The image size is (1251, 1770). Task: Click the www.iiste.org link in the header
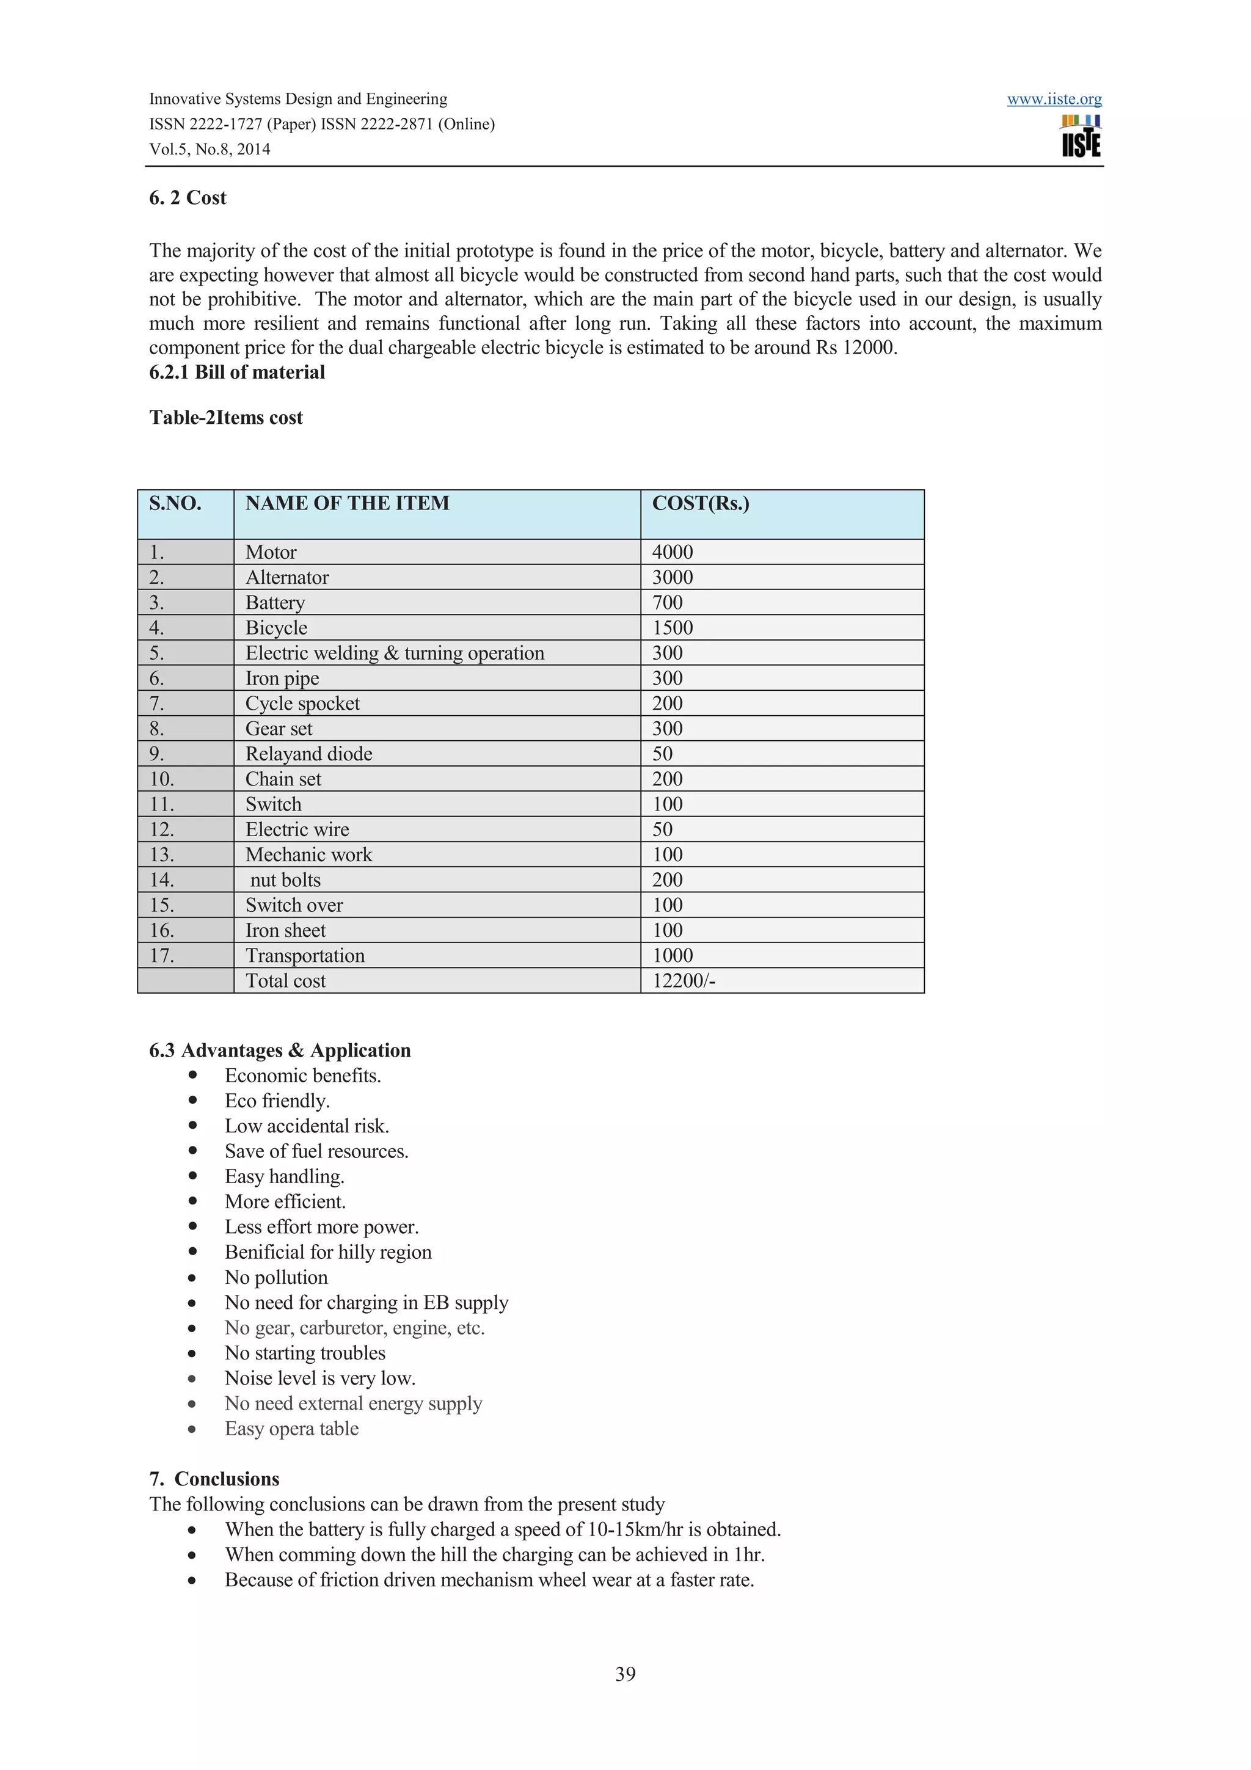[1054, 100]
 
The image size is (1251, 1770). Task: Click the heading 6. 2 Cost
[188, 198]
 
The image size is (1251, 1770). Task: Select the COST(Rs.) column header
[700, 503]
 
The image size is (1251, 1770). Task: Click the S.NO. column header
[175, 503]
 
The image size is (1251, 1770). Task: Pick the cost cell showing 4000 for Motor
[672, 552]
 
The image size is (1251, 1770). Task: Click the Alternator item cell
[286, 577]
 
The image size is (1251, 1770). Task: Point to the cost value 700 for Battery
[668, 603]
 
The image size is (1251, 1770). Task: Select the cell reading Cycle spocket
[302, 704]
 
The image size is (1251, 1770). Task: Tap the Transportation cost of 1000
[672, 956]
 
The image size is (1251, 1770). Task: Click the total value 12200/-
[683, 981]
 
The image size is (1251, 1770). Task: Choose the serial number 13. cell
[162, 855]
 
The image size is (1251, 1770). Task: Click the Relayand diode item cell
[308, 754]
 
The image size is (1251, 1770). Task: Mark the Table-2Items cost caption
[226, 418]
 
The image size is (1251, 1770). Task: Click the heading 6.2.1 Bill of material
[236, 373]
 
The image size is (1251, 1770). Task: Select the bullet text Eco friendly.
[277, 1101]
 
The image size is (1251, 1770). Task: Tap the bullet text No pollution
[276, 1277]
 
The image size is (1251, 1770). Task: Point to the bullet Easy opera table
[291, 1429]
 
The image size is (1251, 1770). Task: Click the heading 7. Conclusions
[214, 1479]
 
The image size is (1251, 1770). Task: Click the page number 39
[625, 1673]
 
